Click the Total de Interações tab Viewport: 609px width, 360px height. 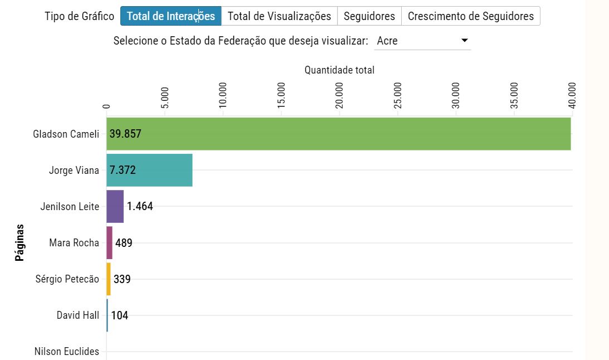[170, 16]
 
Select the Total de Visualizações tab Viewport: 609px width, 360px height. [279, 16]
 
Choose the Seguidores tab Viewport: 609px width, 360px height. [369, 16]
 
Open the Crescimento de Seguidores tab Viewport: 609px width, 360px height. [470, 16]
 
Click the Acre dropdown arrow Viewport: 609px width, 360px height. [464, 41]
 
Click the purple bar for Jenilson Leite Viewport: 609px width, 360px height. [115, 206]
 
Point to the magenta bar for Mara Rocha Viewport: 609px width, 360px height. [109, 242]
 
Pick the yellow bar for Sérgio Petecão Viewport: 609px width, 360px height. [109, 279]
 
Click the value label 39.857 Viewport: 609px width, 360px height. [125, 134]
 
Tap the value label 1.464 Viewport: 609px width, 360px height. [140, 206]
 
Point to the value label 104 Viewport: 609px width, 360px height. [119, 315]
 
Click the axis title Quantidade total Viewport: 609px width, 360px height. [339, 70]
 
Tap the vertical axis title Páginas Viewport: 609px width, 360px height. [20, 242]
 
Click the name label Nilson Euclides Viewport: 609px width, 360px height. [66, 352]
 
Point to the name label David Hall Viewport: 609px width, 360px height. [77, 315]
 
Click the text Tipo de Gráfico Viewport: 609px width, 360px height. [79, 16]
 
